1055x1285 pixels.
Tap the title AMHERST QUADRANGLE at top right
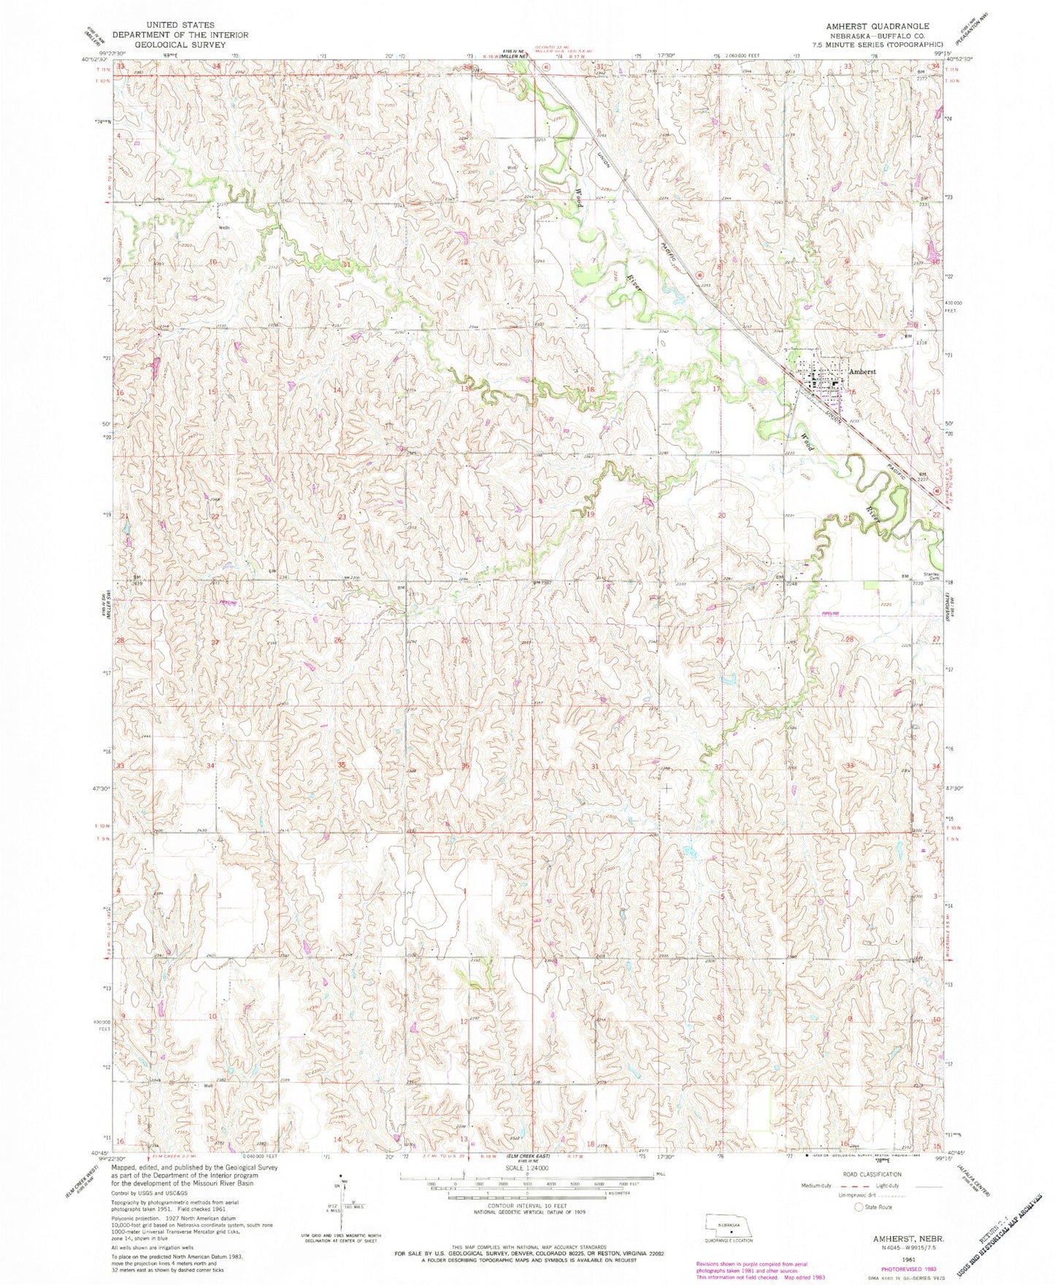[873, 25]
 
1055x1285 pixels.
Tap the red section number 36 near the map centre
[466, 764]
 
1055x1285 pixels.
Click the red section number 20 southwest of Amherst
[722, 515]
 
